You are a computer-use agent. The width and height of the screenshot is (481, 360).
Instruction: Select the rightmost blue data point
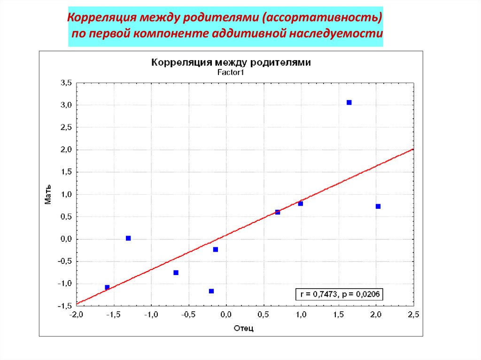(x=378, y=207)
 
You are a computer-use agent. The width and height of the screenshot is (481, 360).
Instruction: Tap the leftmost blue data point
(x=107, y=287)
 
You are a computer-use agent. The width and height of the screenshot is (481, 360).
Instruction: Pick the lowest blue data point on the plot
(x=211, y=291)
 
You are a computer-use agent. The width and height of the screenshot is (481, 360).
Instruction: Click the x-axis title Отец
(x=244, y=328)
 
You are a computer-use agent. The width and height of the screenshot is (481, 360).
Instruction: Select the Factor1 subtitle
(x=231, y=72)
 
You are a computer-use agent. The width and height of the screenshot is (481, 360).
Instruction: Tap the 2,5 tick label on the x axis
(x=413, y=314)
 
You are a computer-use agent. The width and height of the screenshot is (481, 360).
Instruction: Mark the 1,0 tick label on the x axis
(x=301, y=314)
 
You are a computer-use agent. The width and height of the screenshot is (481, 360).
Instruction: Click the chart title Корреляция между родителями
(x=230, y=62)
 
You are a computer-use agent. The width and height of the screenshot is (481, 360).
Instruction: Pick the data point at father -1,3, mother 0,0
(x=128, y=238)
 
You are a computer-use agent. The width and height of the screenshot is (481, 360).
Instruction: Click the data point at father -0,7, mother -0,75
(x=176, y=273)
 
